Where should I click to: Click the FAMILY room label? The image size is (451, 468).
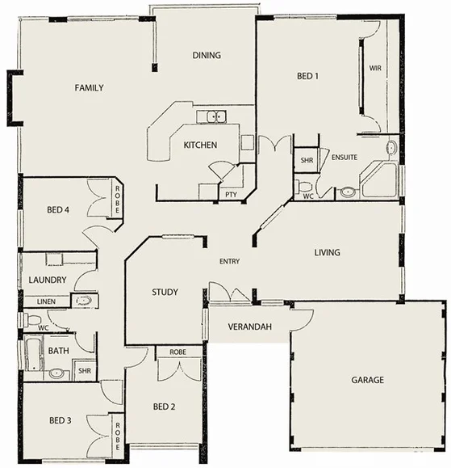89,88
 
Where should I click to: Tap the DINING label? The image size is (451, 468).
207,56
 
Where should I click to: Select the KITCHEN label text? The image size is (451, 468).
199,145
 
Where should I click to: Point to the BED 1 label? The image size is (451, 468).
308,77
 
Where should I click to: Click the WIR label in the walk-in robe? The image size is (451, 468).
375,69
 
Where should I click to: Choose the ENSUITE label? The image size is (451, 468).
345,157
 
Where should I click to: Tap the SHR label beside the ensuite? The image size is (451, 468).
307,161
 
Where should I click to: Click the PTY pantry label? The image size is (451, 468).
230,195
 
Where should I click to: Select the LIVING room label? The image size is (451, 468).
327,253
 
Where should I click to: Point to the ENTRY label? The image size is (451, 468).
230,261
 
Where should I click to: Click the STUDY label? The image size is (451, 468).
165,293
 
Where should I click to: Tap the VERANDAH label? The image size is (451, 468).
249,327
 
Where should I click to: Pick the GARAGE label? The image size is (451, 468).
367,380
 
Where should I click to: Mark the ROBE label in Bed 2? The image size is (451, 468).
177,352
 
